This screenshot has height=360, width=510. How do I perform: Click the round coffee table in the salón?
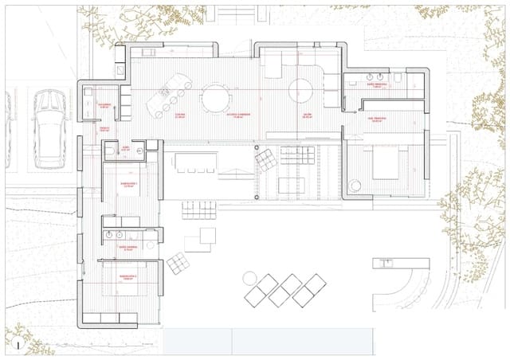tap(302, 90)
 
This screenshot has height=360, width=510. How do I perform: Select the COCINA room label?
tap(180, 115)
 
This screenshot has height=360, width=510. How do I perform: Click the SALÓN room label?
tap(306, 115)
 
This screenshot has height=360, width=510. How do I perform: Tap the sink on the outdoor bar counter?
tap(387, 261)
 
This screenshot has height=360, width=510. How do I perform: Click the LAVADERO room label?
tap(104, 104)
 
